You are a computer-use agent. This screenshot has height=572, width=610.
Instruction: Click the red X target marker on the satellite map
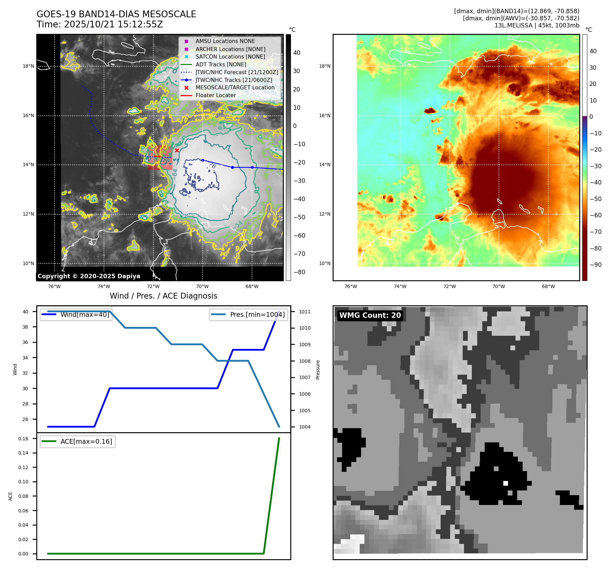coord(177,150)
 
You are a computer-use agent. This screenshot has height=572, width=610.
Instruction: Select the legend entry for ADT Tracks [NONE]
coord(220,64)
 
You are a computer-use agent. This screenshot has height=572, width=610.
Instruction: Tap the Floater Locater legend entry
coord(215,95)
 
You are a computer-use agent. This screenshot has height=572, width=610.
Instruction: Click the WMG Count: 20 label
coord(370,315)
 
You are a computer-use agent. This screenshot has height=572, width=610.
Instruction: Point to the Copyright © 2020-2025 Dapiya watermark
coord(89,276)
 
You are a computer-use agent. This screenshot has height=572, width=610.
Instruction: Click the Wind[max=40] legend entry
coord(85,314)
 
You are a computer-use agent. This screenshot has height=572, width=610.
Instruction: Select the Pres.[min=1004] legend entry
coord(257,314)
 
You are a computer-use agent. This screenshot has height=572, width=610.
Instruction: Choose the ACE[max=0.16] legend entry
coord(86,441)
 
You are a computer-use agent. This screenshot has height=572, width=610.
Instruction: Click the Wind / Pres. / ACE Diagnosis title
coord(163,296)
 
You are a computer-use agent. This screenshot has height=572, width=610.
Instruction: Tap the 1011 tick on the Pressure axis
coord(304,312)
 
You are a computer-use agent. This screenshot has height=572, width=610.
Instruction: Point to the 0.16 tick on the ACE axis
coord(23,439)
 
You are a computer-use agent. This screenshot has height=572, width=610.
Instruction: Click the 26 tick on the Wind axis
coord(25,419)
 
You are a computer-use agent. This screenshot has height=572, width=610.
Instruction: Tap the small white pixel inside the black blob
coord(505,483)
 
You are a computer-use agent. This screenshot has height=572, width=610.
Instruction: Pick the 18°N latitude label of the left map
coord(28,66)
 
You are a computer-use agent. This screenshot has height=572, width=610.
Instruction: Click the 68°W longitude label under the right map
coord(548,286)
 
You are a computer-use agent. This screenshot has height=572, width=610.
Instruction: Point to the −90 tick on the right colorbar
coord(595,265)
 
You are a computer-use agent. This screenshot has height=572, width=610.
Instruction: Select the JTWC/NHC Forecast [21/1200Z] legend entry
coord(236,72)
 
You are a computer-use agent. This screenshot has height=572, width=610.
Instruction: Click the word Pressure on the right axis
coord(318,370)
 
